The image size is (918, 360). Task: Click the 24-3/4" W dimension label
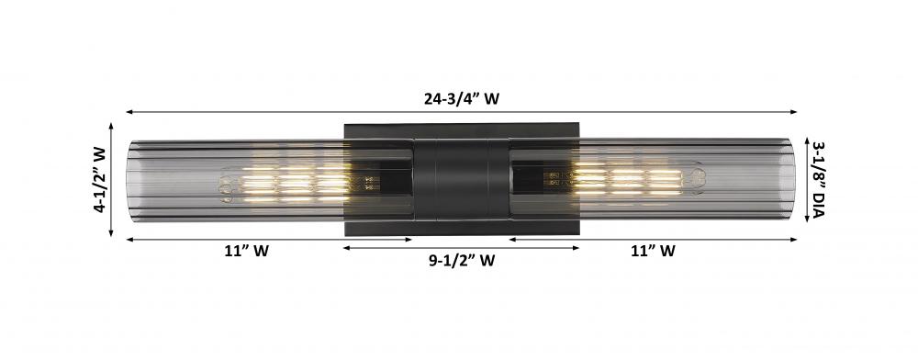point(462,98)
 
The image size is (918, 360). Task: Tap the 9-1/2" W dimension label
point(462,261)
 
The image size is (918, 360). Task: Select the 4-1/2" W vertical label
point(100,180)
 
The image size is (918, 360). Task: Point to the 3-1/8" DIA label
point(817,180)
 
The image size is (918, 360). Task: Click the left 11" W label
point(246,252)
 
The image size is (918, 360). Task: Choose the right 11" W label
point(653,252)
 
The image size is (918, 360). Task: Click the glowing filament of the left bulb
point(296,184)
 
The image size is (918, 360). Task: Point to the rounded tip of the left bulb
point(226,186)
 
